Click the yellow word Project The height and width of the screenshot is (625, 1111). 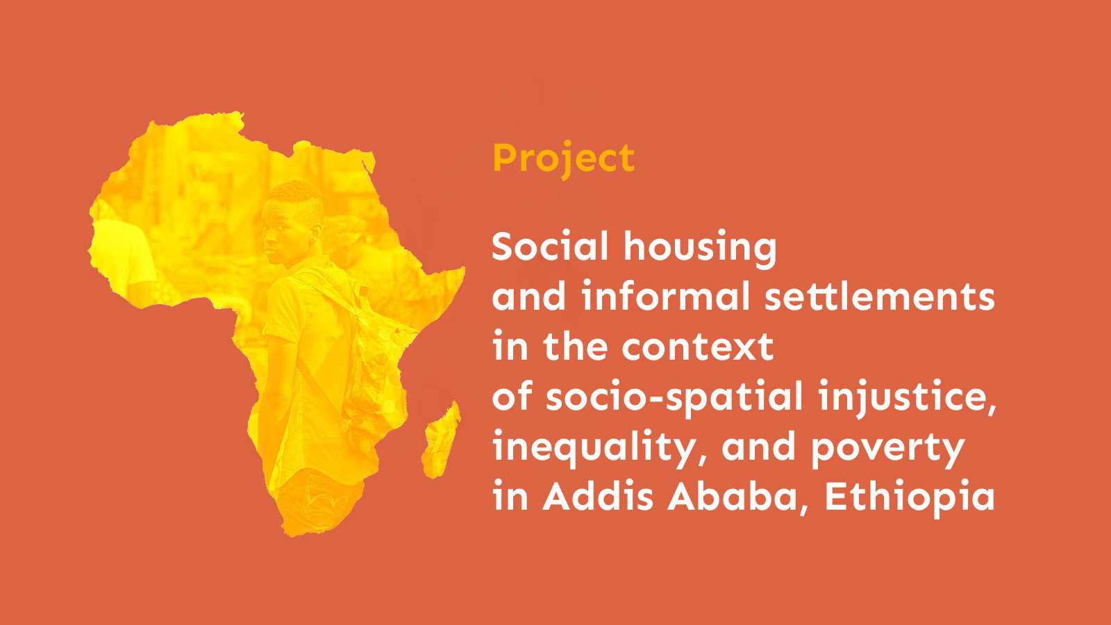coord(563,158)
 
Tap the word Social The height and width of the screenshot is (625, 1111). coord(550,247)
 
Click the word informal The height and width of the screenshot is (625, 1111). coord(666,297)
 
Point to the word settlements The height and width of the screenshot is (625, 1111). coord(880,297)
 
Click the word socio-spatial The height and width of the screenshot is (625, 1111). coord(674,397)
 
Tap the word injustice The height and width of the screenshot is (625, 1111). coord(906,397)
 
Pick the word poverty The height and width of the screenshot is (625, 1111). coord(888,449)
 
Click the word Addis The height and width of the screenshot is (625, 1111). coord(599,497)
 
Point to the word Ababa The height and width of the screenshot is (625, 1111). coord(737,497)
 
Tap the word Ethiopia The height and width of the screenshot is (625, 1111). coord(910,497)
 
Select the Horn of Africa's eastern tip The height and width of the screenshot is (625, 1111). coord(461,270)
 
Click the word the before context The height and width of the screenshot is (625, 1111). coord(575,347)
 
